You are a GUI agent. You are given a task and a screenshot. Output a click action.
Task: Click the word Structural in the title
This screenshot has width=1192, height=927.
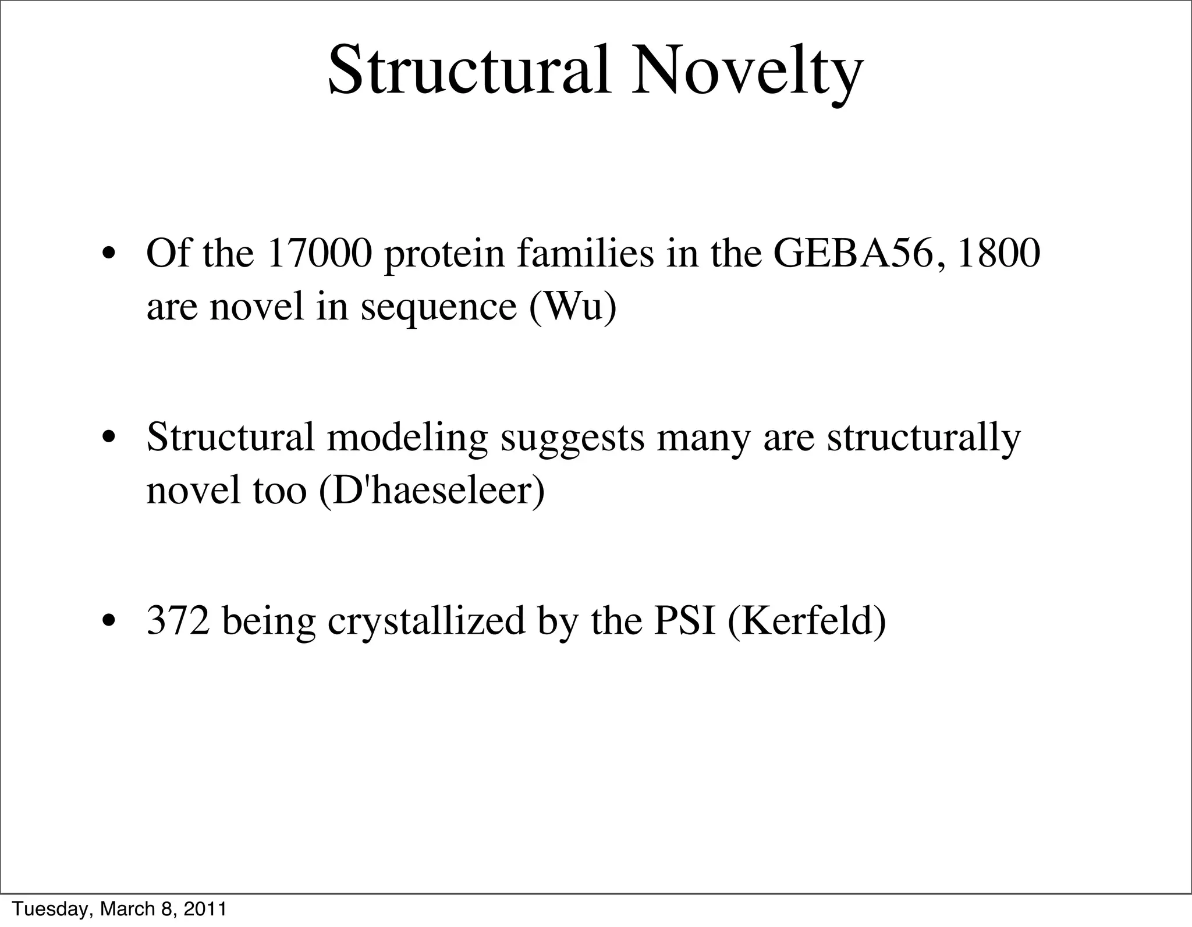(x=469, y=71)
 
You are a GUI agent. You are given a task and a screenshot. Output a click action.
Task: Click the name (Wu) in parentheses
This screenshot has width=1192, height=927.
(x=573, y=307)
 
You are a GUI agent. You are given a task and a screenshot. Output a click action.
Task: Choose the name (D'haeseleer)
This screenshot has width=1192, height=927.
(x=432, y=490)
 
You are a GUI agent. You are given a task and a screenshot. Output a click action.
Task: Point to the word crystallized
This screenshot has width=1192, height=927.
(x=426, y=621)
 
